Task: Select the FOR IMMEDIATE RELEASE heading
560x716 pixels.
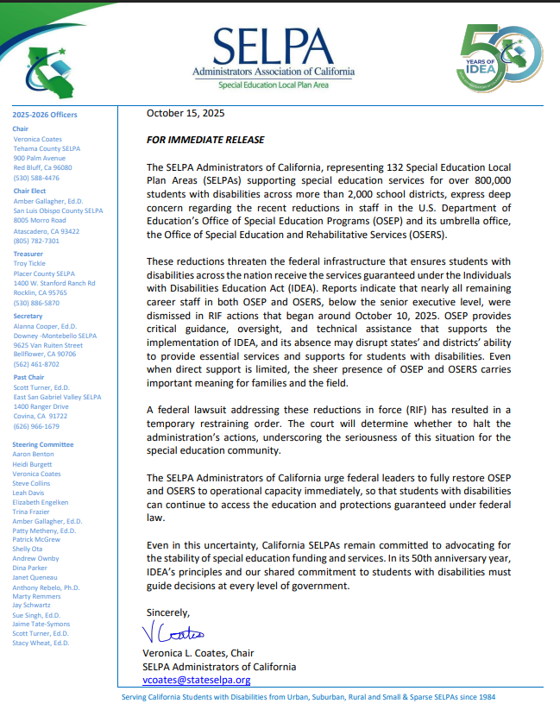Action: [205, 140]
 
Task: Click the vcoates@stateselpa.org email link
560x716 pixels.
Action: [196, 680]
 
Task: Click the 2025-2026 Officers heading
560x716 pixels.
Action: [45, 115]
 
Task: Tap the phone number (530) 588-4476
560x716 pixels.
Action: [37, 178]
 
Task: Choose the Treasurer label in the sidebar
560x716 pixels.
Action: [28, 254]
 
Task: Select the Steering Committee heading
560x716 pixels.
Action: [43, 443]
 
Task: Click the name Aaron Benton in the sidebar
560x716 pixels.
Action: [33, 453]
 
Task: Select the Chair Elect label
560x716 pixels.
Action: [31, 192]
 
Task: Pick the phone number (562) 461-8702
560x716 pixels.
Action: [37, 364]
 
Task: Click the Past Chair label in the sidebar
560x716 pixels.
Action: [30, 378]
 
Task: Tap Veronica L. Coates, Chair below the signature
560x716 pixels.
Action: [198, 653]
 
